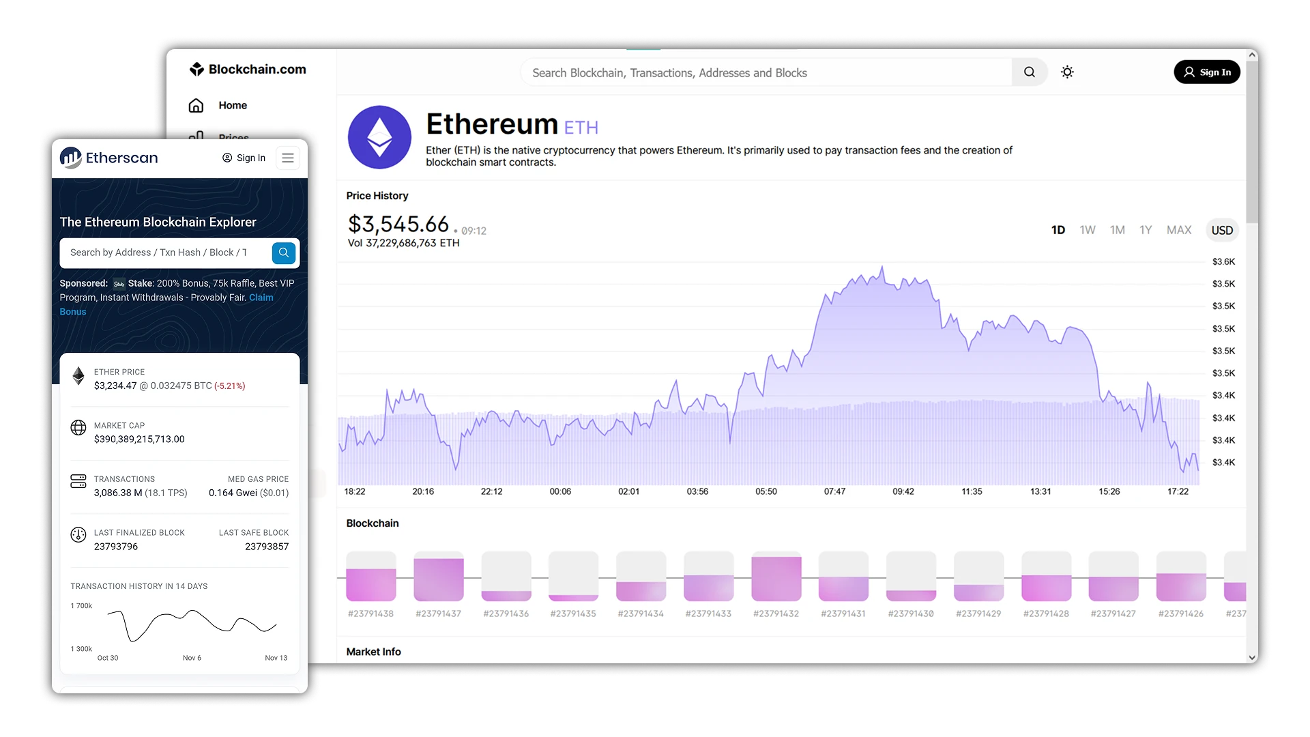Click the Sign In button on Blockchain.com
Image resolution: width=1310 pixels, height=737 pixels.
pyautogui.click(x=1206, y=72)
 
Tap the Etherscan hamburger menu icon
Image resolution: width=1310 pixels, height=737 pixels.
pyautogui.click(x=288, y=158)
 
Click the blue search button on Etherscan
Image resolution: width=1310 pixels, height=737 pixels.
pyautogui.click(x=284, y=252)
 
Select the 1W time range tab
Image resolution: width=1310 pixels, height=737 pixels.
pyautogui.click(x=1088, y=230)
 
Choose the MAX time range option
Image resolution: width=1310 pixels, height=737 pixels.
pyautogui.click(x=1178, y=230)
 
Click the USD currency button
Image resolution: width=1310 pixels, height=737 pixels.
pyautogui.click(x=1221, y=230)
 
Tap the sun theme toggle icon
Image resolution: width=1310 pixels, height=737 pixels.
pyautogui.click(x=1067, y=72)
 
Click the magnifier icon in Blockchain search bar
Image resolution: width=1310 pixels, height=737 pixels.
pyautogui.click(x=1029, y=72)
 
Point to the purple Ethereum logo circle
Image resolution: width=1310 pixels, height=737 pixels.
pyautogui.click(x=379, y=137)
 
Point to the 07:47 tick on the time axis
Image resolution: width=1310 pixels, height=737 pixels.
pyautogui.click(x=834, y=491)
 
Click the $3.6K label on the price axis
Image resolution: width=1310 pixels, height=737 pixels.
pyautogui.click(x=1223, y=261)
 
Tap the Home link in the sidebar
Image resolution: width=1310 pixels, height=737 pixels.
pyautogui.click(x=233, y=105)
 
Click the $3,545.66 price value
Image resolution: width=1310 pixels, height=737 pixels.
pyautogui.click(x=398, y=224)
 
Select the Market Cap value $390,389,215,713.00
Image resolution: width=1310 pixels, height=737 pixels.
pyautogui.click(x=139, y=439)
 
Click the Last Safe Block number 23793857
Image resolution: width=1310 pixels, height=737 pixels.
pyautogui.click(x=267, y=547)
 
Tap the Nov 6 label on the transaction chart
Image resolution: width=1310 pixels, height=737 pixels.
pyautogui.click(x=192, y=658)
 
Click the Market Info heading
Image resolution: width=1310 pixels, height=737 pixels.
pyautogui.click(x=373, y=652)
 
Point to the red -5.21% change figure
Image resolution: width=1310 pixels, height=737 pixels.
pyautogui.click(x=230, y=386)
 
